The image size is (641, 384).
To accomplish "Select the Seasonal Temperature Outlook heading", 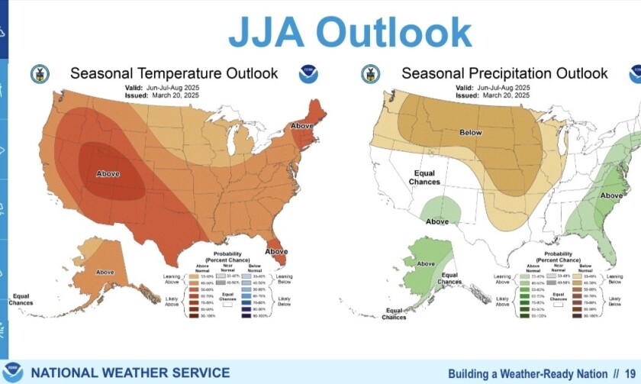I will click(174, 73).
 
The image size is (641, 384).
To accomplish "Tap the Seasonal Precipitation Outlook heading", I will click(504, 73).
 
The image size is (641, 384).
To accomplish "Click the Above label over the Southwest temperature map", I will click(108, 173).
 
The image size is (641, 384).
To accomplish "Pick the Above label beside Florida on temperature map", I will click(276, 251).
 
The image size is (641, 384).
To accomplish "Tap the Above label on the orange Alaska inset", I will click(105, 272).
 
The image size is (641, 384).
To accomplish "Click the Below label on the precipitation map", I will click(471, 133).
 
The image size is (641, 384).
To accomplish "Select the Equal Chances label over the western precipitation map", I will click(424, 178).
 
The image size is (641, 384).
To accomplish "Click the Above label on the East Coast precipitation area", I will click(611, 195).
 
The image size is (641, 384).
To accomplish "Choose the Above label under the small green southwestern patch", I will click(437, 221).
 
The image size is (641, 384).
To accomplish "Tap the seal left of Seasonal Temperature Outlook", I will click(39, 74).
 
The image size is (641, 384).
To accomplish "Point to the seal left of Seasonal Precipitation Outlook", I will click(370, 74).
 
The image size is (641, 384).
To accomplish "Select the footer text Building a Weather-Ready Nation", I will click(527, 373).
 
